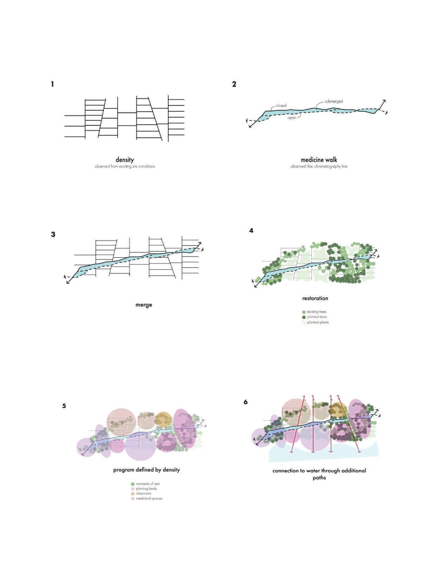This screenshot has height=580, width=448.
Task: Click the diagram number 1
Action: [52, 84]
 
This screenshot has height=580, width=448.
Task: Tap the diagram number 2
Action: [234, 84]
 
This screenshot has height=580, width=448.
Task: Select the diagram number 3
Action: [53, 234]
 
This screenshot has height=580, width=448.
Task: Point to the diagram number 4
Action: [251, 231]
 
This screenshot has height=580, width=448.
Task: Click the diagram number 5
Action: [64, 406]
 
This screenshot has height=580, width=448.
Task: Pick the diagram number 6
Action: [246, 402]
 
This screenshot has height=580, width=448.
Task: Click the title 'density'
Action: [125, 160]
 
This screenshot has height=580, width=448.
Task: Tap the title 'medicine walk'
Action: [319, 160]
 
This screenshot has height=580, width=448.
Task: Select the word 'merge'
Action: [144, 305]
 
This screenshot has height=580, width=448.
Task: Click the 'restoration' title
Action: [315, 298]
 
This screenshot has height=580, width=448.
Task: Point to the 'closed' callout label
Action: [281, 105]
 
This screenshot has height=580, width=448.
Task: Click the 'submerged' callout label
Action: [333, 101]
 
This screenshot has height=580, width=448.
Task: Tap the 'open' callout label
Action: [292, 118]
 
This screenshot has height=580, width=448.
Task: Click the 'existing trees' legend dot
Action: [304, 312]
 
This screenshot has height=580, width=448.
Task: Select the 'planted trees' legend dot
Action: [304, 317]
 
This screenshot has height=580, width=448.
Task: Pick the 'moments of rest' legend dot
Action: [133, 484]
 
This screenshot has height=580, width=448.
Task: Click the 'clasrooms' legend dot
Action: [133, 494]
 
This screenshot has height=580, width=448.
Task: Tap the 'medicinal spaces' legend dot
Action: [133, 498]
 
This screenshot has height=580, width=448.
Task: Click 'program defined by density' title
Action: [147, 470]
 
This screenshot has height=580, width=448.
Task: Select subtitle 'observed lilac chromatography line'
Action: [319, 166]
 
